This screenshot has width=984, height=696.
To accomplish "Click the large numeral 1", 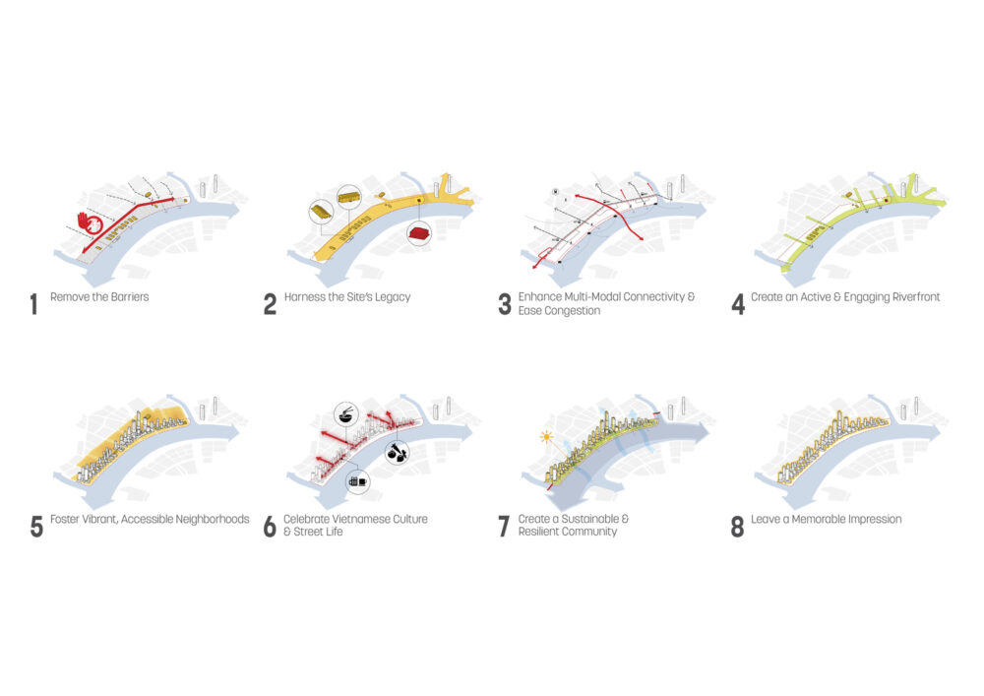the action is pos(33,304).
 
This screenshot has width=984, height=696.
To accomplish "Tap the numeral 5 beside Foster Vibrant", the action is pos(36,527).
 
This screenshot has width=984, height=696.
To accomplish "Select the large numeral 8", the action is pos(737,527).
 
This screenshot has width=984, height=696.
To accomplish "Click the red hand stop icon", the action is pos(90,223).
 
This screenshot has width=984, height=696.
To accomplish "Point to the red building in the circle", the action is pos(418,234).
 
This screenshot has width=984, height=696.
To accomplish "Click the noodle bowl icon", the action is pos(345,414).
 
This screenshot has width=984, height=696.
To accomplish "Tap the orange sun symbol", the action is pos(546,436).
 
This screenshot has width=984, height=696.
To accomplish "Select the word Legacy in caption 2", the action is pos(393,297).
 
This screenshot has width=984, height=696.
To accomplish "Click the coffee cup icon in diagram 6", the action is pos(358,482).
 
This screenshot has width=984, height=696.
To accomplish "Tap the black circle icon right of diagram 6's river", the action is pos(398,451).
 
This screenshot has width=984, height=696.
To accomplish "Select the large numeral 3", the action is pos(505,304).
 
